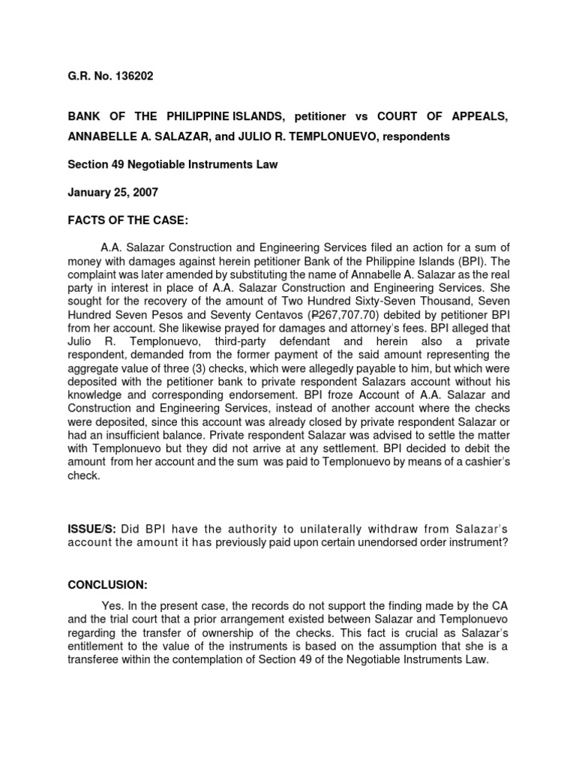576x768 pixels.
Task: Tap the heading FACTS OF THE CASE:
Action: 121,220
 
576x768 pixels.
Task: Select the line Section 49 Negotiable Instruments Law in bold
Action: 173,164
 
